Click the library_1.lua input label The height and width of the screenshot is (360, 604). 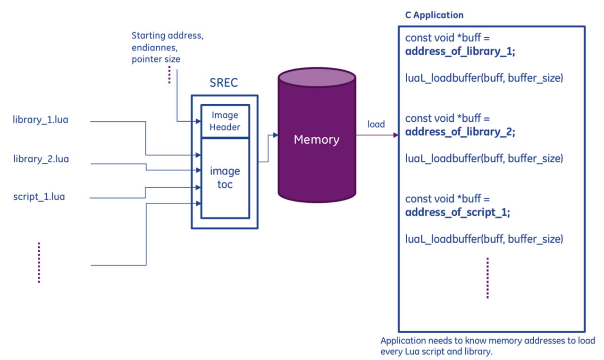click(40, 120)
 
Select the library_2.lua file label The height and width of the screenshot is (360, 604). click(41, 159)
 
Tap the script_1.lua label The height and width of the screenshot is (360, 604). click(39, 197)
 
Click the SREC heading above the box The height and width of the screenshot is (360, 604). click(224, 84)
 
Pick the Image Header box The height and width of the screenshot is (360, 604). click(225, 121)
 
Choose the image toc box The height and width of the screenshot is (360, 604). click(225, 177)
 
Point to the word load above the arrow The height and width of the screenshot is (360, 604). click(376, 125)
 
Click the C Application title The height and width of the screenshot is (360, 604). click(434, 15)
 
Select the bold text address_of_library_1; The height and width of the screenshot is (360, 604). click(460, 52)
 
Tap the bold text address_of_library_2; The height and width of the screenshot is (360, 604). click(460, 132)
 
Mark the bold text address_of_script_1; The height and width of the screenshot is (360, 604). click(458, 213)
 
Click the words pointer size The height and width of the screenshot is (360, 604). click(156, 59)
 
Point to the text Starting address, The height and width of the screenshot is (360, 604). click(168, 35)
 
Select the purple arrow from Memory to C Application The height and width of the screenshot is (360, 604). click(377, 135)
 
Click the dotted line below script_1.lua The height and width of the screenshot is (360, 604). click(39, 262)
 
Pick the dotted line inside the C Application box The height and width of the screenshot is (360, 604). click(487, 278)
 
